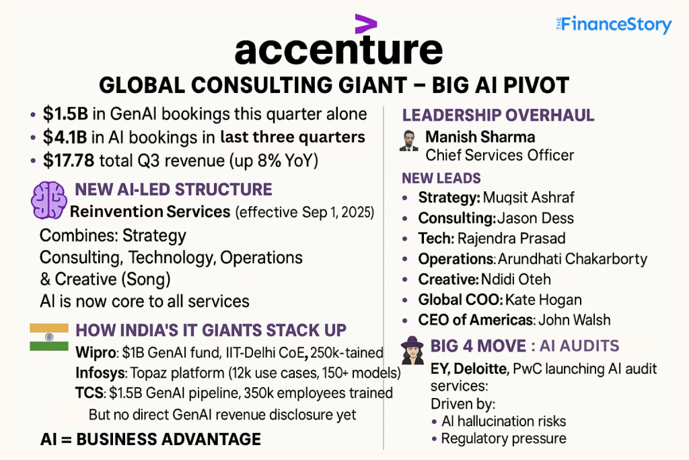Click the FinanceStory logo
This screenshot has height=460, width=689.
[x=613, y=25]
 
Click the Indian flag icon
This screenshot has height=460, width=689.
[x=49, y=337]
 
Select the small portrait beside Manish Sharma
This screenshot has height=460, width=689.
[x=408, y=141]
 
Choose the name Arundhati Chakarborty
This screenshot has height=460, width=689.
[x=571, y=259]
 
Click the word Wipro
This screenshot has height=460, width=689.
[x=95, y=352]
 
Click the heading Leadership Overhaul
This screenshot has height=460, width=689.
[x=498, y=115]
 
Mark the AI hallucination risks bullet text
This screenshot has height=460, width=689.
[x=503, y=422]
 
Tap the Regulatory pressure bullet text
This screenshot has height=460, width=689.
[x=503, y=439]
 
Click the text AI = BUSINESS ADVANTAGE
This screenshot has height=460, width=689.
[x=150, y=440]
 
